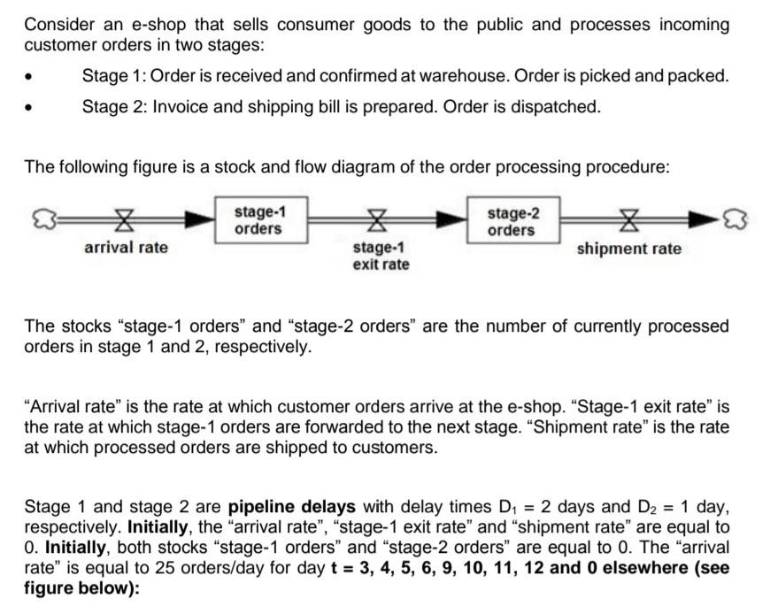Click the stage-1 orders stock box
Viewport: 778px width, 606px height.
(259, 220)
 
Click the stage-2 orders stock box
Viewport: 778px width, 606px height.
(512, 220)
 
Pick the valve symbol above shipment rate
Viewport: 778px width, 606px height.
(630, 220)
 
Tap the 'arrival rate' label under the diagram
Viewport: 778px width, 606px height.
(126, 248)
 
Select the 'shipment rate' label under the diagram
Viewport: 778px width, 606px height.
(629, 249)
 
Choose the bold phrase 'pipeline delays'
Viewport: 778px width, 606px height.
(292, 507)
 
